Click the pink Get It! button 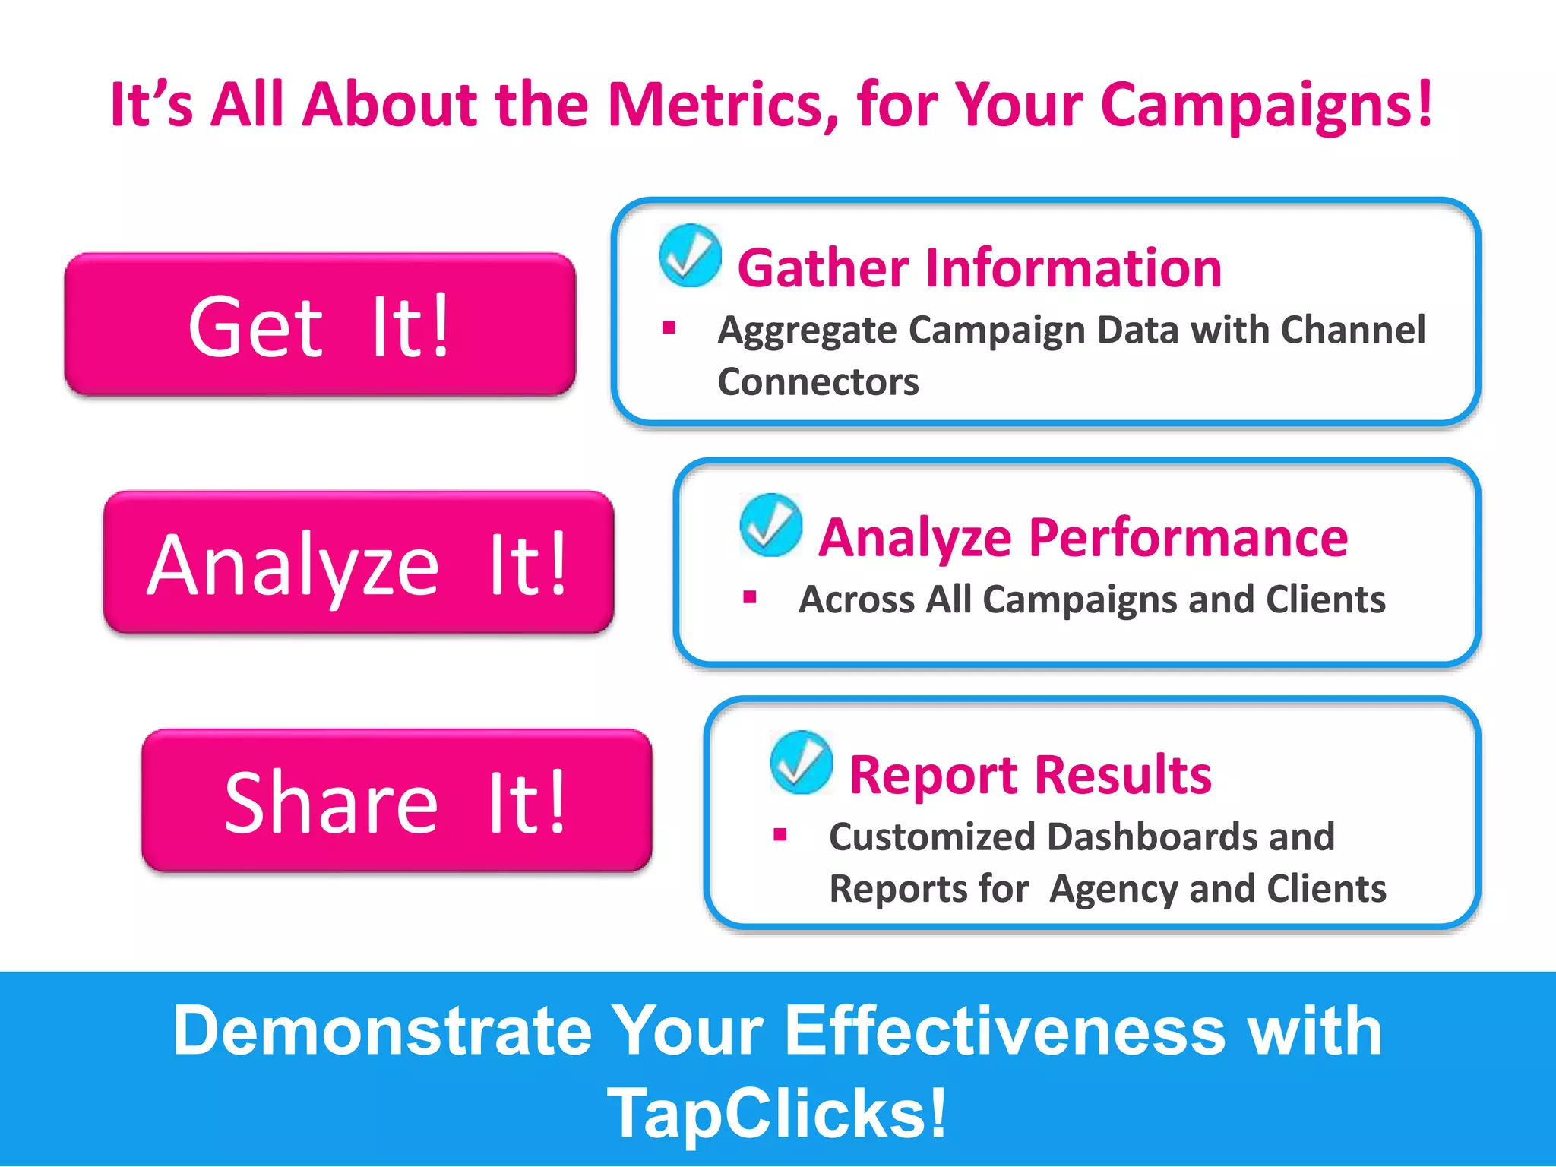coord(320,324)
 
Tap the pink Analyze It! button coord(358,562)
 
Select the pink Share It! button coord(396,800)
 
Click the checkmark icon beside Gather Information coord(690,255)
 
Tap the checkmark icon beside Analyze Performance coord(770,525)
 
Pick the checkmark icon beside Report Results coord(801,762)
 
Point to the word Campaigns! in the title coord(1266,105)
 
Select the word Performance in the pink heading coord(1188,538)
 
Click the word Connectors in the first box coord(818,381)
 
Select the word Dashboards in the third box coord(1151,837)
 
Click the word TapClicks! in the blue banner coord(777,1114)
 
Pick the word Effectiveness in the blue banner coord(1004,1031)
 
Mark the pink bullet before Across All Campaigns coord(750,597)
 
